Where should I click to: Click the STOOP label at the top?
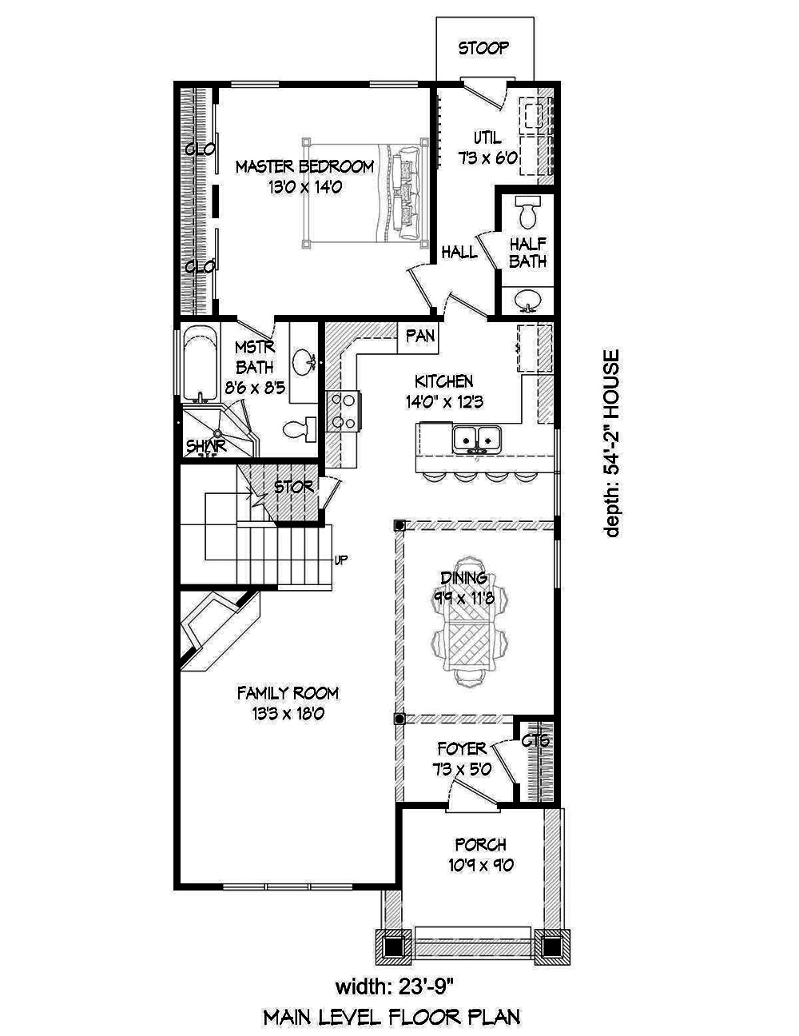point(483,49)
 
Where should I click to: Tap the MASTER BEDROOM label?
point(304,167)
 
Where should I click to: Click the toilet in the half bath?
point(527,213)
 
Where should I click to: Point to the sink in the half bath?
point(527,300)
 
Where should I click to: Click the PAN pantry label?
point(420,336)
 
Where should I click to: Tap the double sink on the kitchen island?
point(477,438)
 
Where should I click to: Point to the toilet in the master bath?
point(299,428)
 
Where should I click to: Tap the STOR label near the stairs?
point(293,487)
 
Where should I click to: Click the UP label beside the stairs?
point(340,560)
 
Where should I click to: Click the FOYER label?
point(461,749)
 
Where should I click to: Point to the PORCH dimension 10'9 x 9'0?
point(480,864)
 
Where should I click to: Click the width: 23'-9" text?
point(391,982)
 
